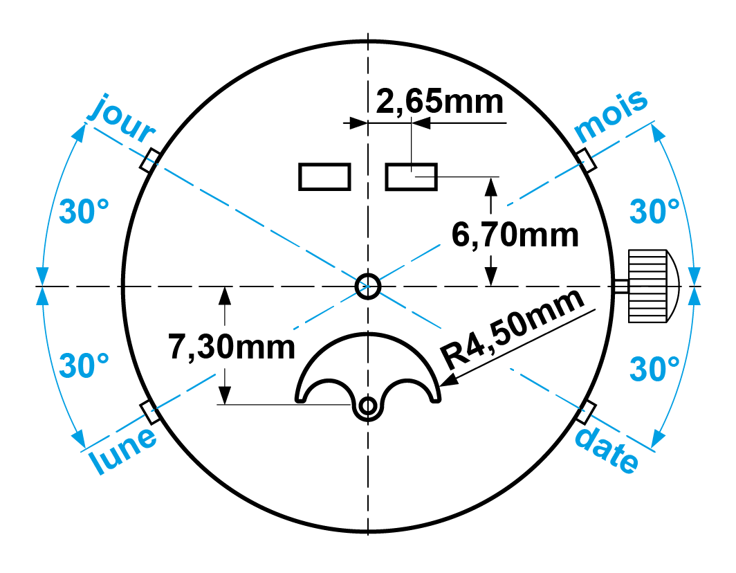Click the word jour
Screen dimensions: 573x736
point(121,115)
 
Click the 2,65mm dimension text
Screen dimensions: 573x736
point(440,102)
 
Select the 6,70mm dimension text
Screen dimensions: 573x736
point(515,235)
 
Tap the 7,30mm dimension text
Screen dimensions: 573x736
point(232,347)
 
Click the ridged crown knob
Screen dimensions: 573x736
point(648,286)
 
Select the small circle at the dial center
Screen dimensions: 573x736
point(367,285)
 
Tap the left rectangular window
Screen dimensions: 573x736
point(324,176)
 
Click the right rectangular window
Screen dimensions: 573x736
point(411,176)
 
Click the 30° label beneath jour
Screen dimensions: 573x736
point(84,212)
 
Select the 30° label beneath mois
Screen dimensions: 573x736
point(654,211)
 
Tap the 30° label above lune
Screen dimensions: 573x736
point(84,365)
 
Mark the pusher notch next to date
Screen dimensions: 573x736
point(587,412)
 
